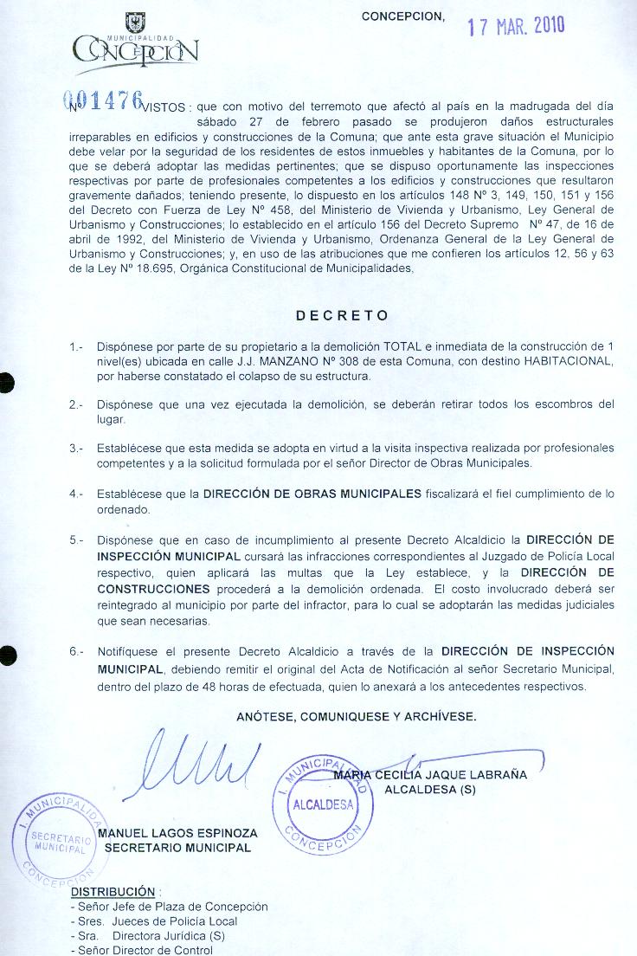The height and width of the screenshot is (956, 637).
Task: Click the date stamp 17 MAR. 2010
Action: (x=516, y=25)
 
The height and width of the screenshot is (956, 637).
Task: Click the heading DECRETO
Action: (x=342, y=315)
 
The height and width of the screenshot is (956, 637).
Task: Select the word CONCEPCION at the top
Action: (x=402, y=17)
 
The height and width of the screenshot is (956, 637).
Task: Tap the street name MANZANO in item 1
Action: (x=262, y=362)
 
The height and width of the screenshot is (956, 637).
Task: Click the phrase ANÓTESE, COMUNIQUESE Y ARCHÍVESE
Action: (x=356, y=717)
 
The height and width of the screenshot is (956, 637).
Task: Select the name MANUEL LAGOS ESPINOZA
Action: (x=177, y=834)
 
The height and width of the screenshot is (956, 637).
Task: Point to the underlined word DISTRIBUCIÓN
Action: (x=113, y=891)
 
